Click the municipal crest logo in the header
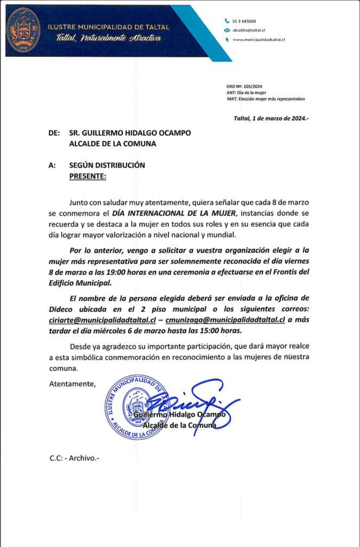point(23,30)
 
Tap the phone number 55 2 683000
point(244,20)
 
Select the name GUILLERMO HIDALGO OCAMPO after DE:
point(130,133)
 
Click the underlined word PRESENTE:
point(88,176)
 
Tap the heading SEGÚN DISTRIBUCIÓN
point(107,166)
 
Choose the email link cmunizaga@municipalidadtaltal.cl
point(226,320)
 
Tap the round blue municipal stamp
point(138,407)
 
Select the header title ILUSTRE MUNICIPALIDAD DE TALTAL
point(108,27)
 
